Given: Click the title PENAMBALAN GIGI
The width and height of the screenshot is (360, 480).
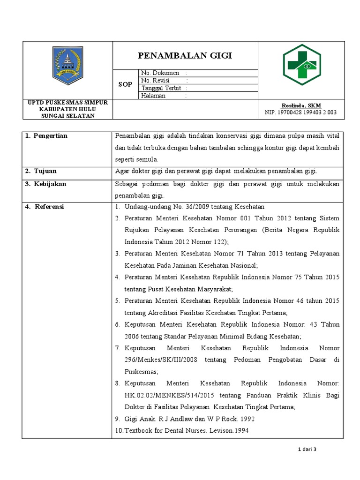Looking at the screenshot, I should (185, 56).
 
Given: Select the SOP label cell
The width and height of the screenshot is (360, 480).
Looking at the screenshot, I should (125, 84).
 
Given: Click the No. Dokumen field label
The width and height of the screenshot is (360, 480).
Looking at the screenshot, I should (160, 73).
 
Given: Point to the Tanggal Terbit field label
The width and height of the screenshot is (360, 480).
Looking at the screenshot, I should (161, 88).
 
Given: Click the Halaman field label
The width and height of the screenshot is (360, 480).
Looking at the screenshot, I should (154, 96).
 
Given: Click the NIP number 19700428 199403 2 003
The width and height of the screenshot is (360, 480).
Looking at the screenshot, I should (300, 112).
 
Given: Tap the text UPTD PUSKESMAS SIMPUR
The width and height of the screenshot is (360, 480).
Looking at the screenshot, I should (67, 103).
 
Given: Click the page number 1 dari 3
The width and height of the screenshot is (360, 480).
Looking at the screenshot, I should (307, 450).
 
